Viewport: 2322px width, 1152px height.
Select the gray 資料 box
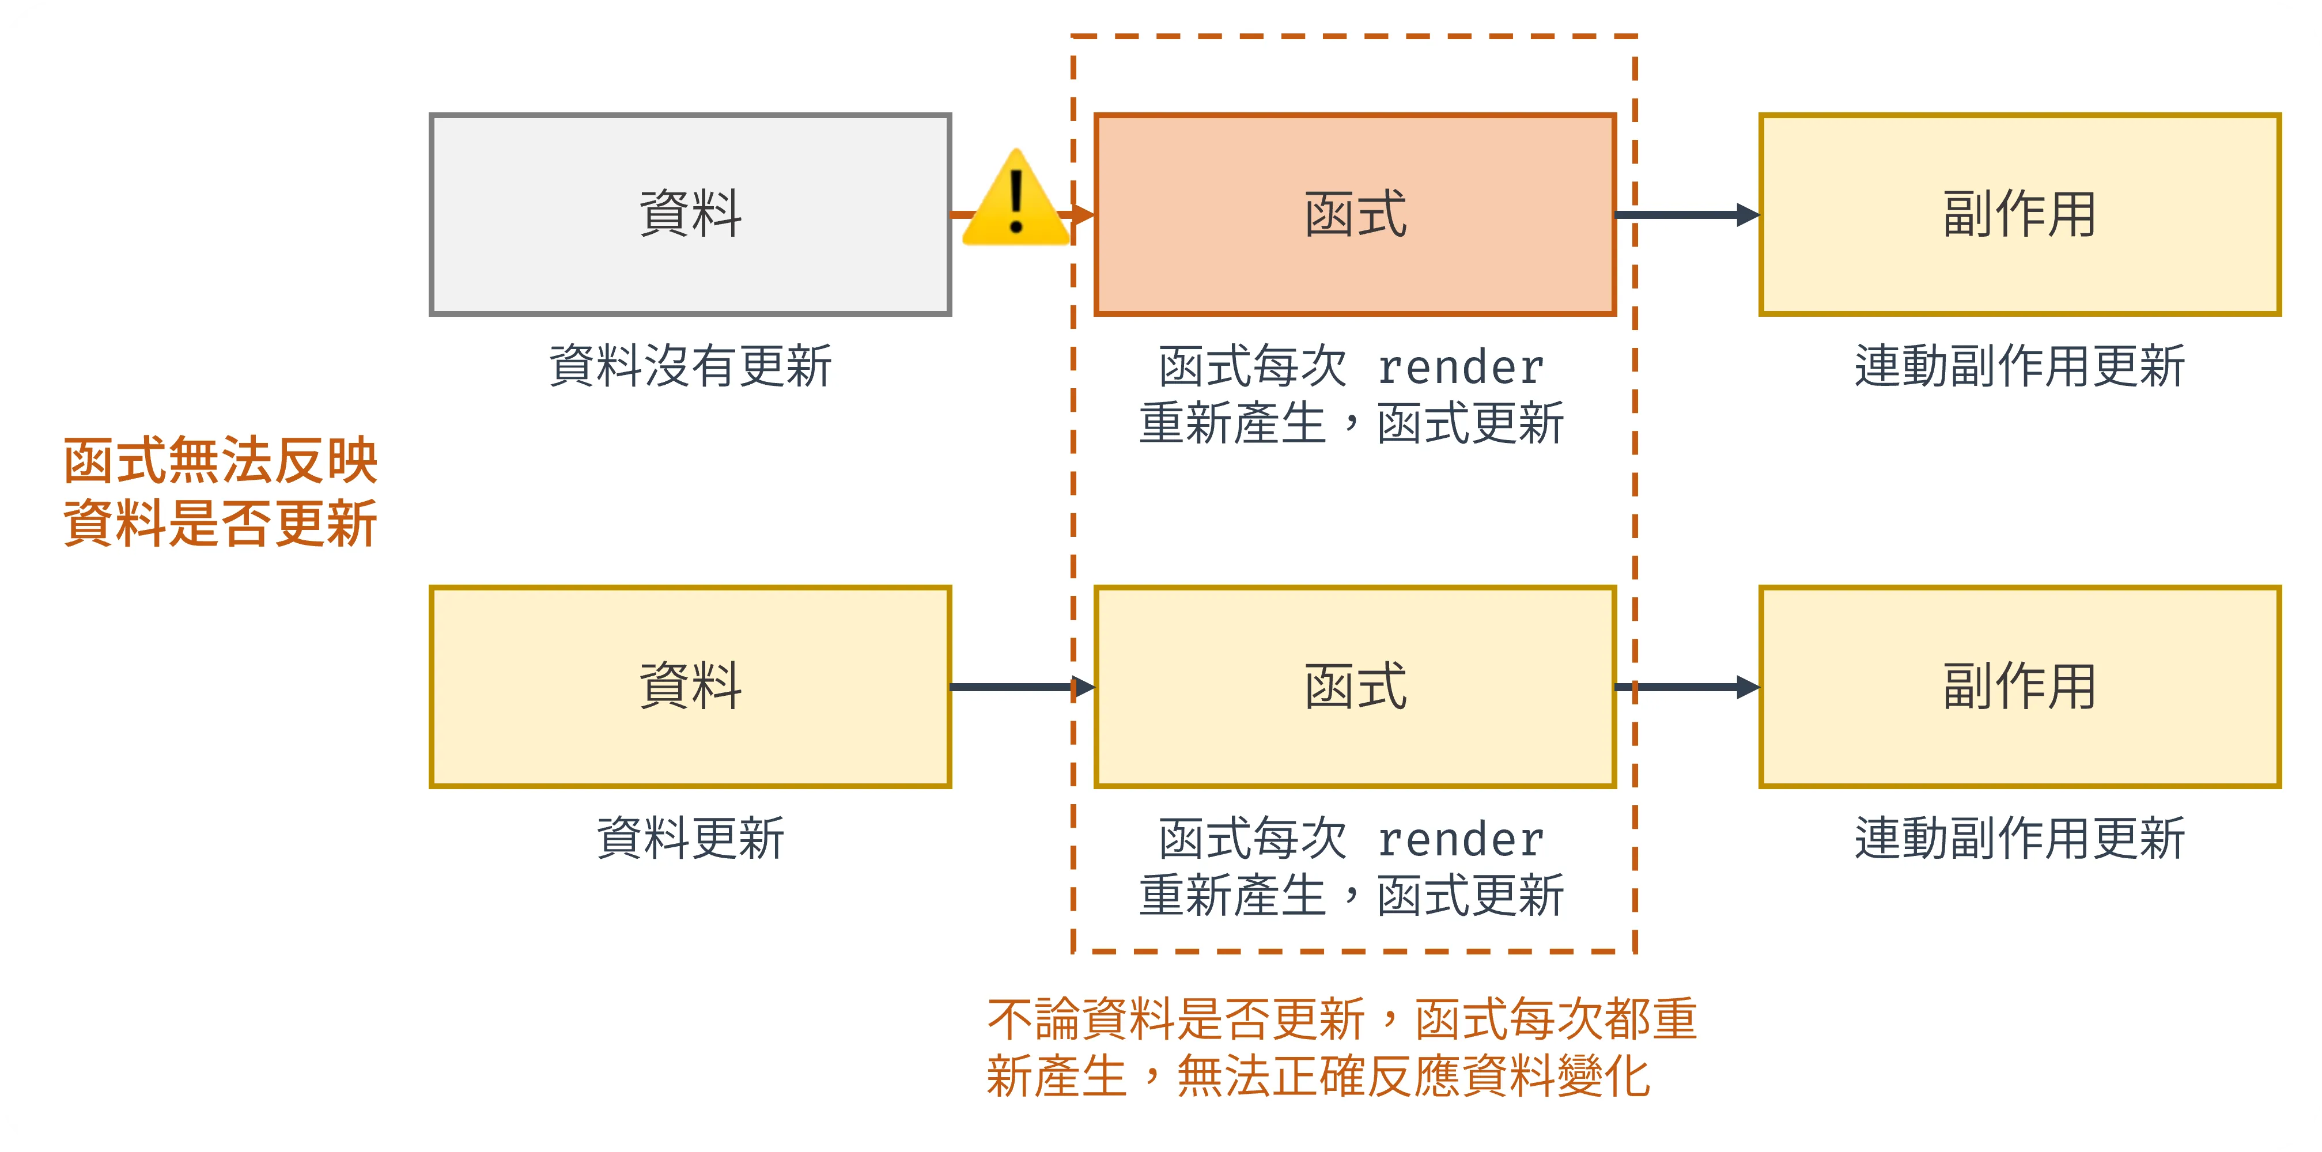[x=690, y=214]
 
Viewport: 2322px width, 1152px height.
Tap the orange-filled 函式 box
[x=1355, y=214]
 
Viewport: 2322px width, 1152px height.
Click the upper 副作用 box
[x=2019, y=214]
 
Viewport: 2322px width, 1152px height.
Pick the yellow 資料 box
[x=690, y=687]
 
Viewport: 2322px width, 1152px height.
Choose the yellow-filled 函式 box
[x=1355, y=687]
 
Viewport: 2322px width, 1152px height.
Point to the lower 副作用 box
[x=2019, y=687]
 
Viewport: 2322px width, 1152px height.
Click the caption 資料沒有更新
[x=690, y=366]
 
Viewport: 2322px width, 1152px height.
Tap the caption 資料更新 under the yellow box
[x=690, y=838]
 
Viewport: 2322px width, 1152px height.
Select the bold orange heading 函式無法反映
[x=221, y=461]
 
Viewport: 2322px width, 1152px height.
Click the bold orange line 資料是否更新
[x=221, y=524]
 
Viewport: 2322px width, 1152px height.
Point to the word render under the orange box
[x=1460, y=367]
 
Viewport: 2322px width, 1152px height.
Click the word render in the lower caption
[x=1460, y=840]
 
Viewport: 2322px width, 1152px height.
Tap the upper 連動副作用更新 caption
[x=2019, y=366]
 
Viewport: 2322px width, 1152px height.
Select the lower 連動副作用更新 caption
[x=2019, y=838]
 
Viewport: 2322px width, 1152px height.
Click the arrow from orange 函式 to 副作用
[x=1686, y=214]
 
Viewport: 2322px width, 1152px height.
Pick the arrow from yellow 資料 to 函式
[x=1022, y=687]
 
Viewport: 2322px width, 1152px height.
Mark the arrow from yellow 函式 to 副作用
[x=1686, y=687]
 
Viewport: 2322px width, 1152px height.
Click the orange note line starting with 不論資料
[x=1341, y=1020]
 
